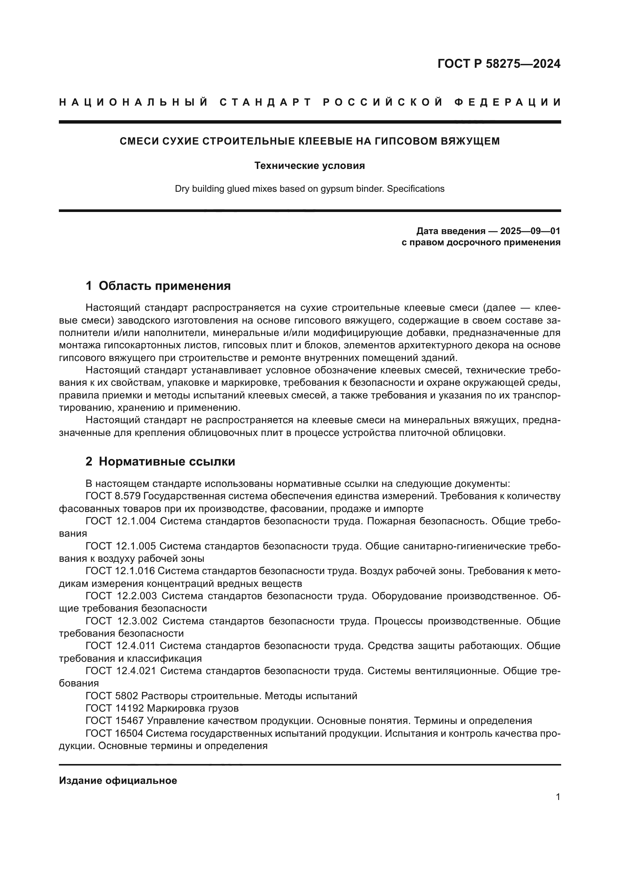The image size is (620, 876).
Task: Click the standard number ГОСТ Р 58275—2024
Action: tap(499, 64)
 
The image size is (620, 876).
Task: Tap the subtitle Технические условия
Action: tap(310, 166)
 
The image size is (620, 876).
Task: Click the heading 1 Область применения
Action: tap(158, 286)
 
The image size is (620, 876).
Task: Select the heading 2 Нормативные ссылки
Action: tap(160, 462)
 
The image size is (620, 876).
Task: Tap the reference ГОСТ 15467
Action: tap(115, 721)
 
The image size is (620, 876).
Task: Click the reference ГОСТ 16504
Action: tap(114, 733)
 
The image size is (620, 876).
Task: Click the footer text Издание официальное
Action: tap(118, 780)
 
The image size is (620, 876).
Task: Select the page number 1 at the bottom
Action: tap(558, 797)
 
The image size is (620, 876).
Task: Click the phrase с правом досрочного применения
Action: tap(481, 242)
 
